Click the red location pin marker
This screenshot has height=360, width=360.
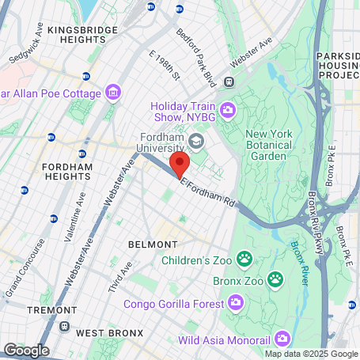coord(180,166)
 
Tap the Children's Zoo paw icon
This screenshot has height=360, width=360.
coord(246,258)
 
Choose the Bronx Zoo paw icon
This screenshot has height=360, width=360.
coord(275,279)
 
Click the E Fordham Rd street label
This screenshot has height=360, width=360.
coord(208,193)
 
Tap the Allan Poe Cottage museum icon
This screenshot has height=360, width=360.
coord(115,93)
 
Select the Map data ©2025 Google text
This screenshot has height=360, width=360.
coord(311,353)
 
